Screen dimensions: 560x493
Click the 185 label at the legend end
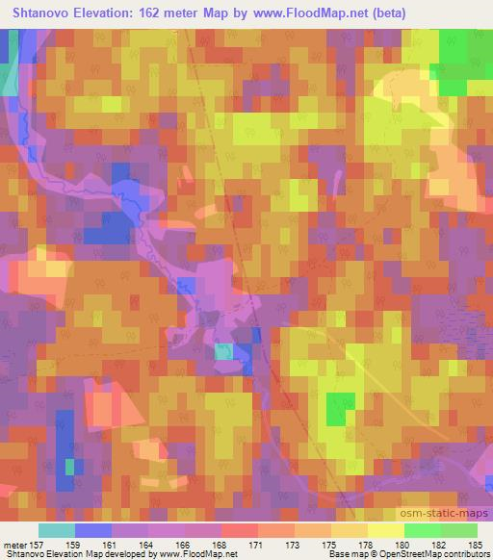(474, 545)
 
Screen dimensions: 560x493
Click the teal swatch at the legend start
(57, 530)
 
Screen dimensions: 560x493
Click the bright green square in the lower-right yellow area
(336, 408)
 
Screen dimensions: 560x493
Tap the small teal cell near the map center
(222, 351)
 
